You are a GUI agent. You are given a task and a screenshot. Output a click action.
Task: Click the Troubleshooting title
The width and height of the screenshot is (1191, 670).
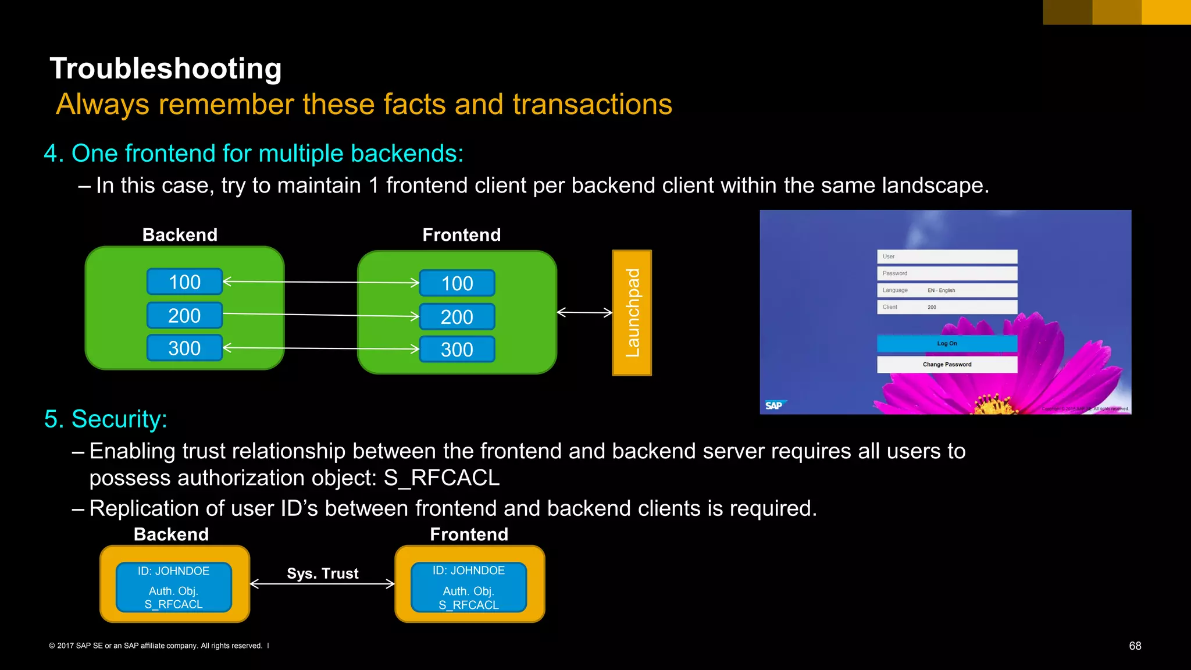click(166, 69)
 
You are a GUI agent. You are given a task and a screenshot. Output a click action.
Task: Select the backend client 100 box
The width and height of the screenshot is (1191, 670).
click(184, 282)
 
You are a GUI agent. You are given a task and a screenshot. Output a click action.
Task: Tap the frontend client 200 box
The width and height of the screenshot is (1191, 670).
click(457, 317)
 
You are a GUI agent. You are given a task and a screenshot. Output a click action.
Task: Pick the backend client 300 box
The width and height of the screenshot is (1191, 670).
click(184, 348)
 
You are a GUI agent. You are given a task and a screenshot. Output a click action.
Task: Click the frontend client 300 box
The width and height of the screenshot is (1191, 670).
click(457, 350)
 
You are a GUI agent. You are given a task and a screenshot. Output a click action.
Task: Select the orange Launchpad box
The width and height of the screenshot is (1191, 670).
click(632, 313)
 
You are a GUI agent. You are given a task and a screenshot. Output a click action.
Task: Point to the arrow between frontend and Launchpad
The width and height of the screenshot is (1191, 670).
click(584, 312)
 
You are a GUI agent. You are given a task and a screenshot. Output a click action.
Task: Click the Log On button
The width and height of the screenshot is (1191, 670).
click(947, 344)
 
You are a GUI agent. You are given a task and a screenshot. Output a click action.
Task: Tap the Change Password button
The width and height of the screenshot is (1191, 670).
click(947, 365)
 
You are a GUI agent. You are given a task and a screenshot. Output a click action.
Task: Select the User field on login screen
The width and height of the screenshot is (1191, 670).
click(947, 256)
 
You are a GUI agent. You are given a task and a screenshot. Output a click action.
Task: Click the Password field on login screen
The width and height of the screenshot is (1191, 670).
click(947, 273)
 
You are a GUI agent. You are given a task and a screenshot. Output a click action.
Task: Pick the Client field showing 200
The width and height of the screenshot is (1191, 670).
click(947, 307)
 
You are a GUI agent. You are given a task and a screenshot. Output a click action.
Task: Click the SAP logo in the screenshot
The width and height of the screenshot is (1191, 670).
click(775, 405)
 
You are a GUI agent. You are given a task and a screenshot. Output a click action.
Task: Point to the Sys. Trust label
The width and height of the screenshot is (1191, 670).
click(323, 573)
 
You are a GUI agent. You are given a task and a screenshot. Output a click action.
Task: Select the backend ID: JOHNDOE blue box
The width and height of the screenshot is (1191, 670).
click(174, 587)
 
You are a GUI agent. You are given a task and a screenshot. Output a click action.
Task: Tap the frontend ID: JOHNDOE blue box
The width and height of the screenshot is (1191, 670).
click(469, 587)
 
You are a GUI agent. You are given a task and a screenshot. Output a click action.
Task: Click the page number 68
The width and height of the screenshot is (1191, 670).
click(1135, 646)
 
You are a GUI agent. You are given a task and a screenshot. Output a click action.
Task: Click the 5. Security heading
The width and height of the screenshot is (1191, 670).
click(106, 419)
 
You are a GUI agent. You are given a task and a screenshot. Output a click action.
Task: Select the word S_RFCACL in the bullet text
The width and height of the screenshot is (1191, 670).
click(441, 478)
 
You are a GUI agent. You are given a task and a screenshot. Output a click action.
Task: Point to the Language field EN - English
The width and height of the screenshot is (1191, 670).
click(947, 290)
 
